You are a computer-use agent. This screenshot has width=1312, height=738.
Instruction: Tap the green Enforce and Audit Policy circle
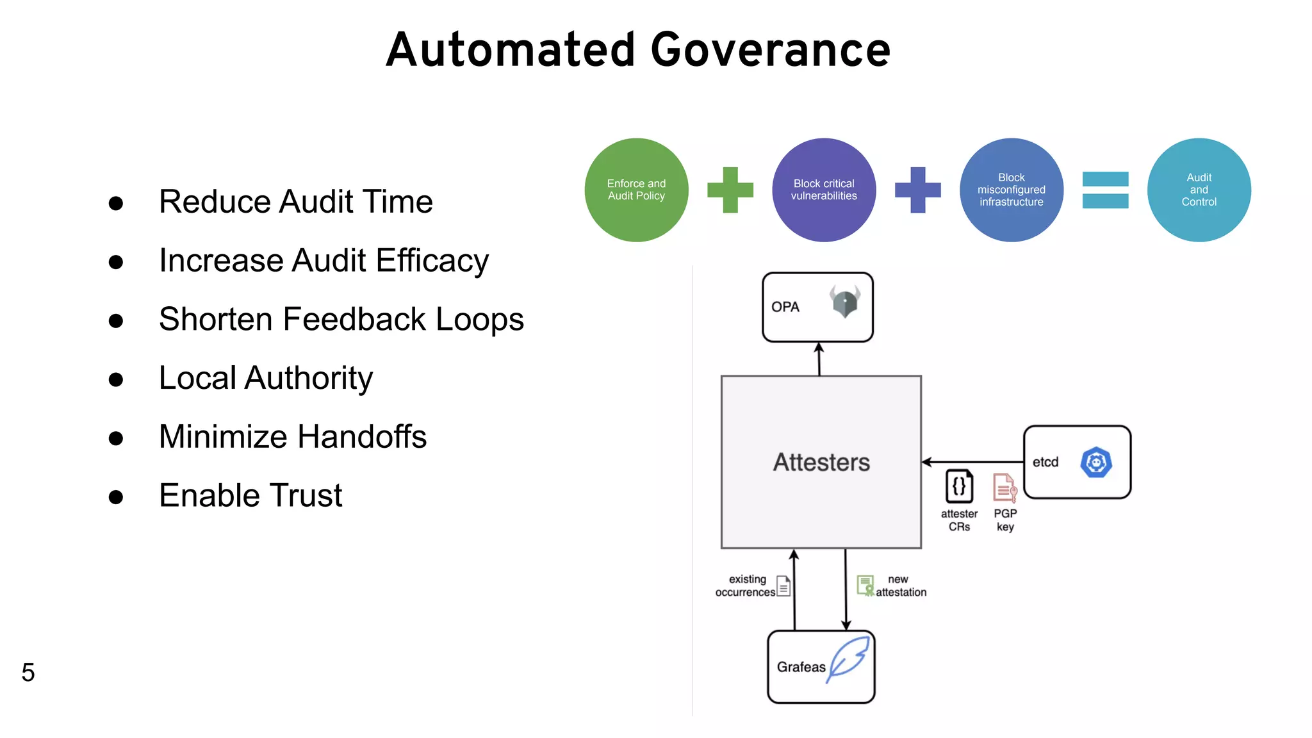click(636, 190)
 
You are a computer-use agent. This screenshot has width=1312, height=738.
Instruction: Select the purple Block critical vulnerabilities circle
click(824, 190)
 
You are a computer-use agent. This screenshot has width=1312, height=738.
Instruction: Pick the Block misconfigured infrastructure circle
click(1011, 190)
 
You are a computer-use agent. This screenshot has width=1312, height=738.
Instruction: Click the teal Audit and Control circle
click(1199, 190)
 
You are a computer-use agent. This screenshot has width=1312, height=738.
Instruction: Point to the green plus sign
click(730, 190)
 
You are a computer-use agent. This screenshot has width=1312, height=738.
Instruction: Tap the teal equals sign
click(1105, 190)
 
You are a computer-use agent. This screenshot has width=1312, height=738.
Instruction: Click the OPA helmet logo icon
click(845, 301)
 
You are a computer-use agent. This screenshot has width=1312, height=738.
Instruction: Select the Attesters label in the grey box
click(821, 462)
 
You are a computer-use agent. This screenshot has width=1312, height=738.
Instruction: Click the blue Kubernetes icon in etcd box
click(1096, 462)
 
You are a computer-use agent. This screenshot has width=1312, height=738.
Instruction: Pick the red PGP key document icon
click(1004, 488)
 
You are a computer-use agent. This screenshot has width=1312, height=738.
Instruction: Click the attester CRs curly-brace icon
click(959, 486)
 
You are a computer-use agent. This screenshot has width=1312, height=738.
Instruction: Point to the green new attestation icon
click(865, 585)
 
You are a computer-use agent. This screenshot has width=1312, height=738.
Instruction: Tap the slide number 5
click(28, 672)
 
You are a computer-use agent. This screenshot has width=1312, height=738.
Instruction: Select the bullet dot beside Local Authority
click(116, 379)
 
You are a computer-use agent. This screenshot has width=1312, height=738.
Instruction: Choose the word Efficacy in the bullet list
click(432, 261)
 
